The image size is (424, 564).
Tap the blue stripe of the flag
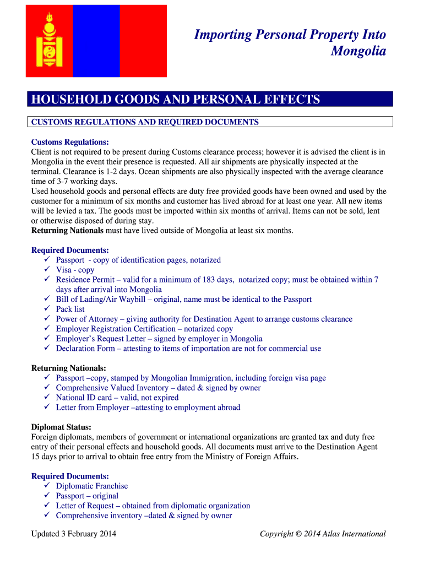tap(96, 41)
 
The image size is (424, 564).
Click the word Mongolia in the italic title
tap(358, 51)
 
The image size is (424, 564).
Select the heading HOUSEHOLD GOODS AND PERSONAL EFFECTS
tap(176, 100)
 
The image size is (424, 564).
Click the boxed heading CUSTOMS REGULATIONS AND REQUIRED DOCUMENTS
tap(145, 122)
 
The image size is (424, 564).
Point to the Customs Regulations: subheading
tap(70, 142)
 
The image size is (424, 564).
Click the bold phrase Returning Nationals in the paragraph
tap(67, 230)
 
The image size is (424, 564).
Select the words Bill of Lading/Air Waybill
tap(101, 299)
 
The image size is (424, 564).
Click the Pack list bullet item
tap(70, 309)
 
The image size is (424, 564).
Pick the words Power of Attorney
tap(87, 319)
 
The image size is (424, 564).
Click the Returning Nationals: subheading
tap(69, 367)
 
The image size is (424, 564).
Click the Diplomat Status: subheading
tap(61, 427)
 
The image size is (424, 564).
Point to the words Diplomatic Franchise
tap(92, 486)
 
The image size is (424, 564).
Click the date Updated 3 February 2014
tap(74, 533)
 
